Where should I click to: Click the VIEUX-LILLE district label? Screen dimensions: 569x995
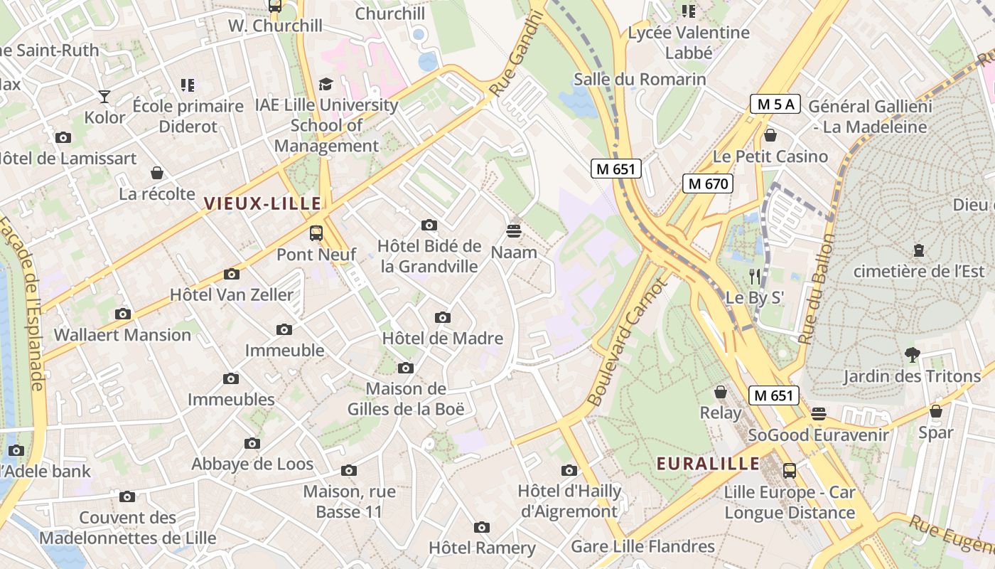(263, 204)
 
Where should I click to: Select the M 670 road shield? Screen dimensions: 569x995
(707, 184)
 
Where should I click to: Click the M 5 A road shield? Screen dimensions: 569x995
(775, 105)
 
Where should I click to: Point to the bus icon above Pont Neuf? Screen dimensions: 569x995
(316, 233)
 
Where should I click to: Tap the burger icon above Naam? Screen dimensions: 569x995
(514, 230)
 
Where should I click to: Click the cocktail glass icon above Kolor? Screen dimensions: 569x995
(104, 96)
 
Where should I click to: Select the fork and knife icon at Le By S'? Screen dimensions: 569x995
(755, 277)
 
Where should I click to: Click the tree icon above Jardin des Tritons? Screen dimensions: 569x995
(913, 354)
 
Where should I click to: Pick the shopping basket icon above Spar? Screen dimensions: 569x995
(936, 411)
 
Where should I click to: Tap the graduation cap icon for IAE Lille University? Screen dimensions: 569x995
(326, 84)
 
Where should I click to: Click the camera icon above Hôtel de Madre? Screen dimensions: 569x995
(443, 317)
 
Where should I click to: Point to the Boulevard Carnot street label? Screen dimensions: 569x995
(628, 341)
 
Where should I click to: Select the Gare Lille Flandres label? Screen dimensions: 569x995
(642, 546)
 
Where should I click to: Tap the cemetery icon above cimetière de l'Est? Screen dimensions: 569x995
(919, 250)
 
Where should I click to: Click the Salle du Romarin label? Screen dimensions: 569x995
(640, 79)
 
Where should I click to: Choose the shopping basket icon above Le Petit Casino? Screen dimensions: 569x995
(770, 135)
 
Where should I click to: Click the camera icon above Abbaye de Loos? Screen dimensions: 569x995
(252, 443)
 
